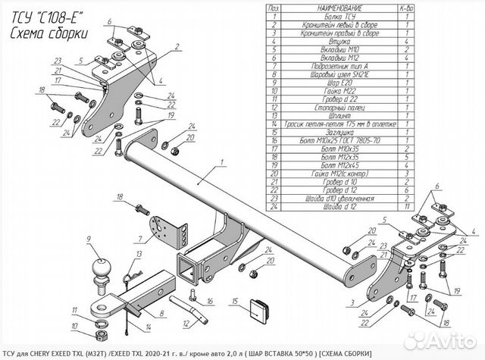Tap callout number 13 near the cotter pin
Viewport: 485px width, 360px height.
tap(139, 255)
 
